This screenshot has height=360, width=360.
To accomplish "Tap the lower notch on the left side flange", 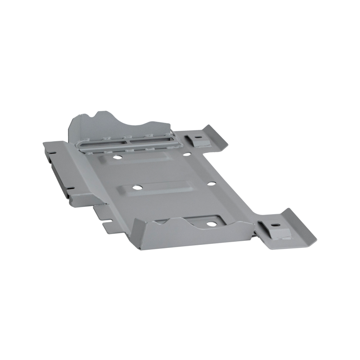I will click(70, 188).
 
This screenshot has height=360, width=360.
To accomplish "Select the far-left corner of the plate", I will click(44, 143).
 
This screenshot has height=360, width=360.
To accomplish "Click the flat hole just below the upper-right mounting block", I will click(187, 154).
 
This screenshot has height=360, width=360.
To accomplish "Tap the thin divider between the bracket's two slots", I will click(129, 140).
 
